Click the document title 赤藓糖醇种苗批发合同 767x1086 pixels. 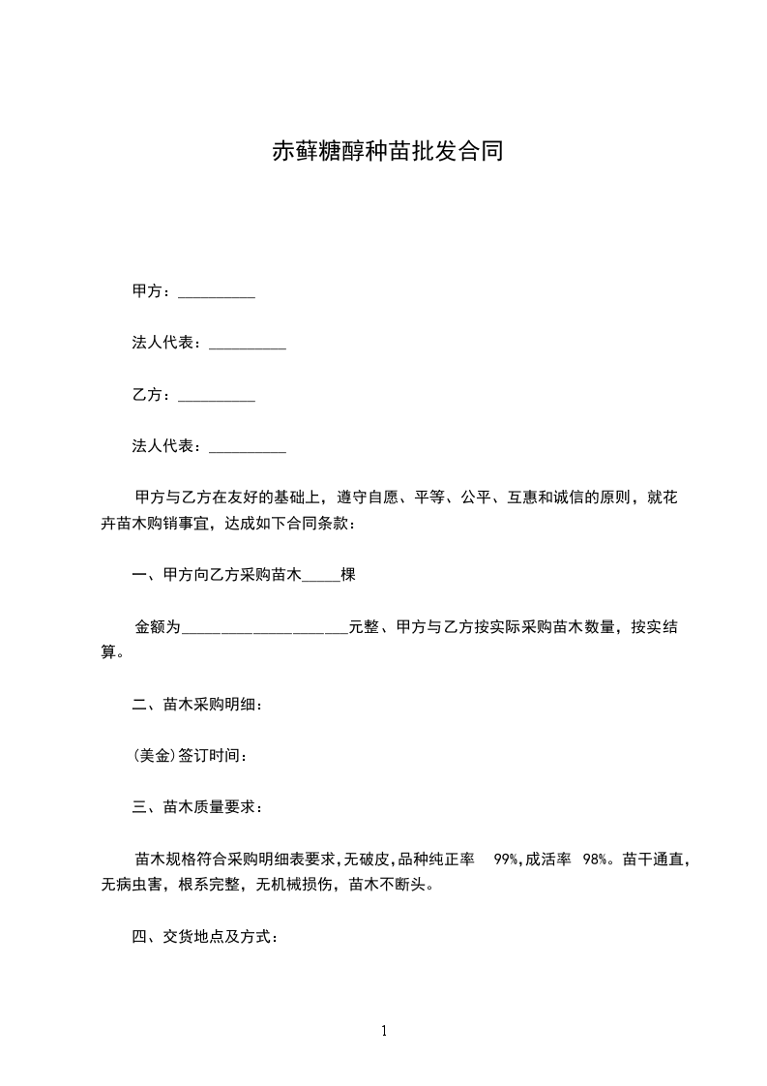click(x=387, y=152)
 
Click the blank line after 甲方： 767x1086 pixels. click(x=217, y=292)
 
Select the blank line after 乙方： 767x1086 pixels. click(x=217, y=396)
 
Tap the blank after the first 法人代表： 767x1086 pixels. click(x=248, y=344)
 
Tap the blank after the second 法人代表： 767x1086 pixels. click(x=248, y=447)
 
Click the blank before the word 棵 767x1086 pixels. click(x=321, y=576)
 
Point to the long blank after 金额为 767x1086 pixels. click(x=265, y=627)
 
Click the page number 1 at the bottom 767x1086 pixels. click(x=384, y=1031)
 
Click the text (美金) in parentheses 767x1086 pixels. click(x=155, y=756)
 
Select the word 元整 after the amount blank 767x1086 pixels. click(x=363, y=627)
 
